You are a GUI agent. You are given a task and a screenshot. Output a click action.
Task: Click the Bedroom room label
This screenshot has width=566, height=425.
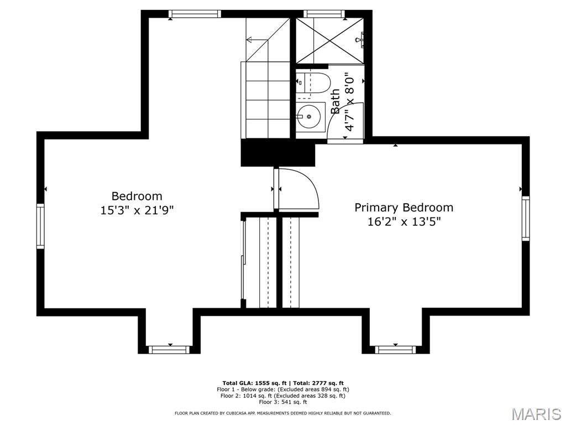tap(137, 196)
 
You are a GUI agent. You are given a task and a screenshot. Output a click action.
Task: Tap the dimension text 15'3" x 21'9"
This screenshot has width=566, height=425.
tap(137, 210)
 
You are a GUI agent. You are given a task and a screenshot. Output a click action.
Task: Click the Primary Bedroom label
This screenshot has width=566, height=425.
tap(403, 208)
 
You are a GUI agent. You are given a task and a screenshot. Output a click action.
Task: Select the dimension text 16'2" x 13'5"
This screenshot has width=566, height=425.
tap(403, 222)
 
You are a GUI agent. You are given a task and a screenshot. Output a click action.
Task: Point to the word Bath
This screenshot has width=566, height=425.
tap(336, 101)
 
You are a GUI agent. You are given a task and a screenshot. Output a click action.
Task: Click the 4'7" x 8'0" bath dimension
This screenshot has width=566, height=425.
tap(349, 102)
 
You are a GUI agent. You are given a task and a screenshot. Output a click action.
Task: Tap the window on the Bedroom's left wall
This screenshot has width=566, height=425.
tap(40, 226)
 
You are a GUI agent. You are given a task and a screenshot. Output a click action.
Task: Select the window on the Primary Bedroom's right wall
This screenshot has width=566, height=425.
tap(526, 219)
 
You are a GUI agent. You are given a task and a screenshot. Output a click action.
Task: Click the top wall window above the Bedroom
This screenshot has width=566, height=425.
tap(195, 14)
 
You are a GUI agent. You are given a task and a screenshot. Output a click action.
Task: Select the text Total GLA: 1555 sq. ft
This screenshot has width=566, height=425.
tap(253, 383)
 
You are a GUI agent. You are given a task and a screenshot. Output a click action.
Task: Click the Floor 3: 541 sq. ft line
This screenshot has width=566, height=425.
tap(282, 402)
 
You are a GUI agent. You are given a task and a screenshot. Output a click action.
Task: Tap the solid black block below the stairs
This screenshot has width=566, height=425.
tap(277, 153)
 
